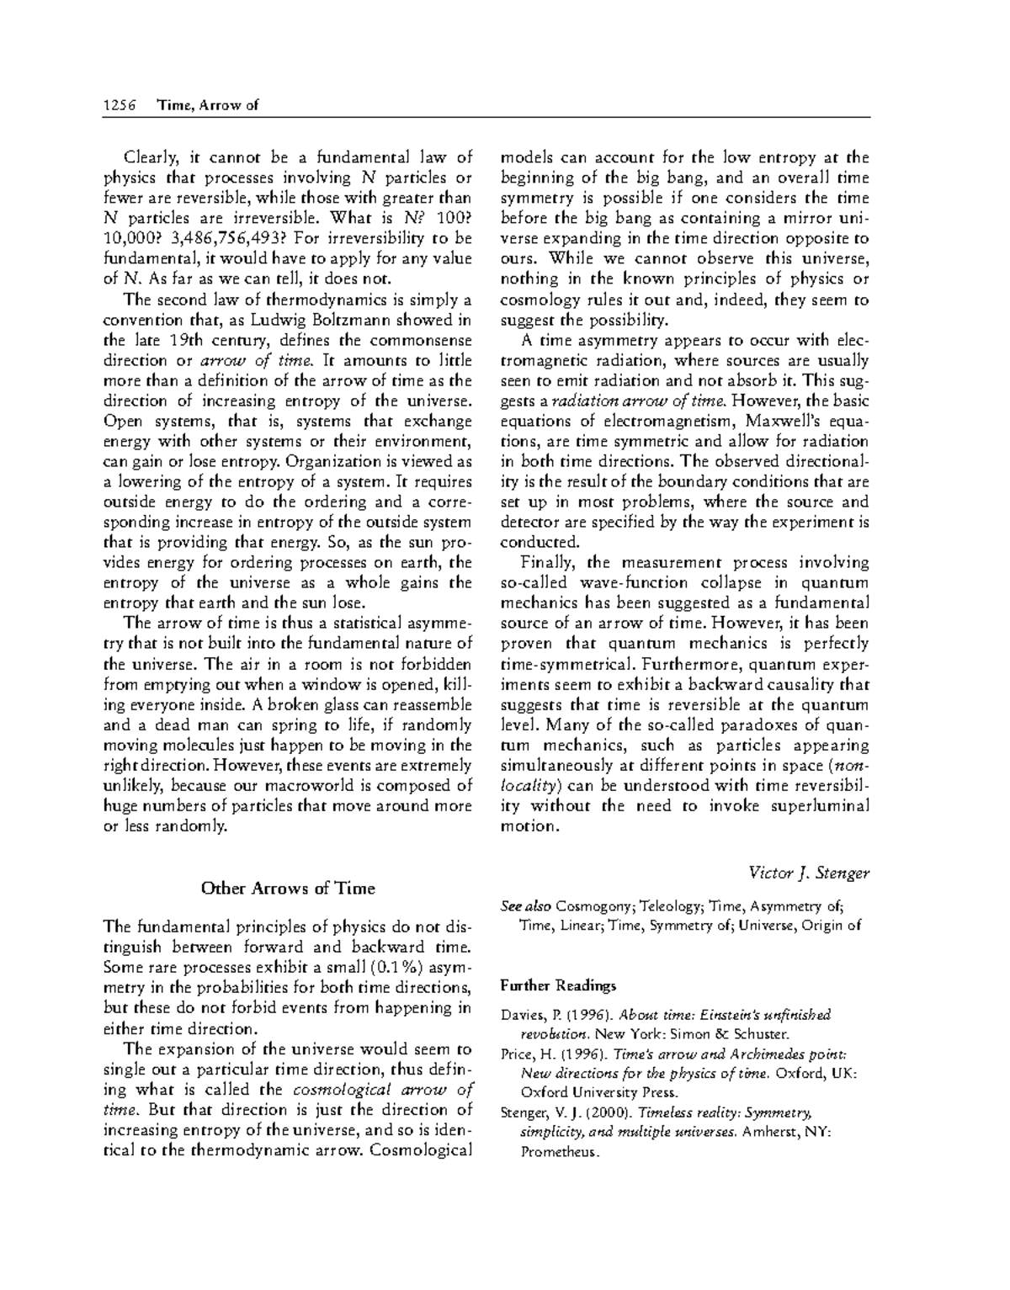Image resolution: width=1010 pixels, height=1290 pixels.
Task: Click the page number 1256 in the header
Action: (119, 105)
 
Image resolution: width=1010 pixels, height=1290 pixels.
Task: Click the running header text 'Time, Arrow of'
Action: (207, 105)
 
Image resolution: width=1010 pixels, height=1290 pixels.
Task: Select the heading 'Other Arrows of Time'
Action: (287, 889)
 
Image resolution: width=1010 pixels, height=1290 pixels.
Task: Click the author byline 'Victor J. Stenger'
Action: (809, 873)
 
